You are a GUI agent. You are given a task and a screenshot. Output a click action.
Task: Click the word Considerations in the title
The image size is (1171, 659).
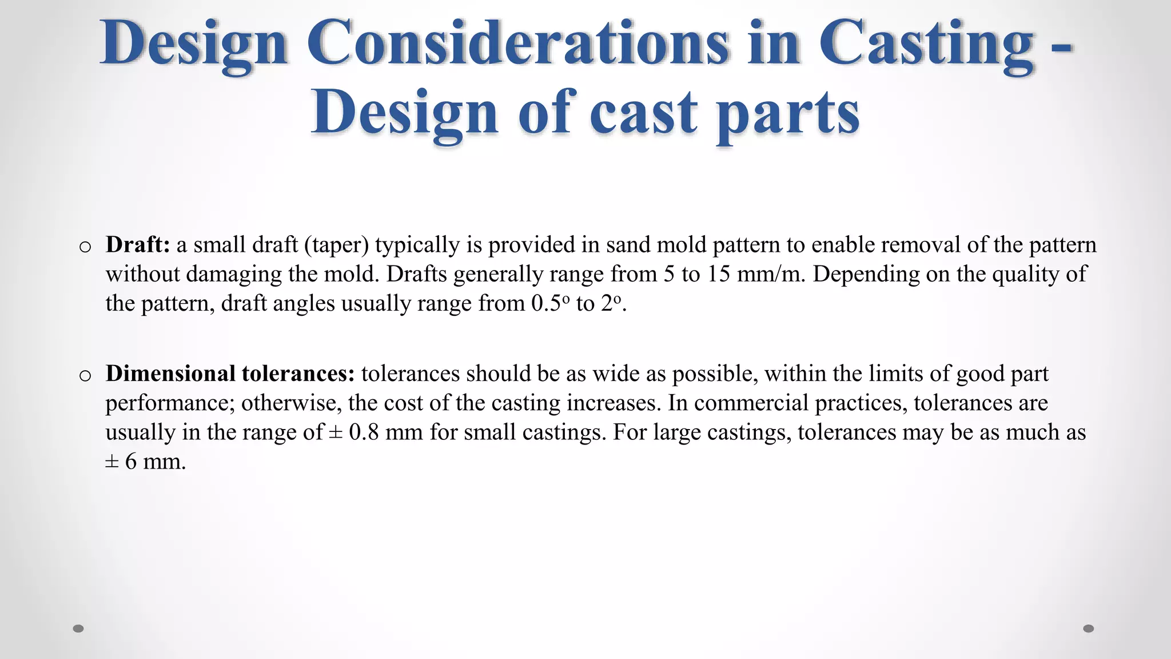517,43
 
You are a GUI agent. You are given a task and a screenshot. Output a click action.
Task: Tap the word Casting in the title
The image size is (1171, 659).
926,43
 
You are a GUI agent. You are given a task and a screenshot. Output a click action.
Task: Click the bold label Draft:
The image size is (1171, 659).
138,245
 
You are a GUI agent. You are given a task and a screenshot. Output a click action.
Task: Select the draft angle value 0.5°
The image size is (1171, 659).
550,303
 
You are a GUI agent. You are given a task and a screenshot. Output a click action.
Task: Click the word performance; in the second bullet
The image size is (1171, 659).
170,403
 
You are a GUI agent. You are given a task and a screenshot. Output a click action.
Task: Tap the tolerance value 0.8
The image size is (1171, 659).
364,432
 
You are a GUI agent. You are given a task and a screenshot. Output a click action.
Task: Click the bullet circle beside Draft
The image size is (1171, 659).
85,247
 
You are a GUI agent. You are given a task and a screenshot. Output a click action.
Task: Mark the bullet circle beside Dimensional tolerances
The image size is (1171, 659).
85,376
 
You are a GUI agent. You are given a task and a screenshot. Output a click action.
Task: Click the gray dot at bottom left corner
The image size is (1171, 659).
78,629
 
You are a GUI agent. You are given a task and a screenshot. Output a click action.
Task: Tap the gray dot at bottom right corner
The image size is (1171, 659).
1089,629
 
